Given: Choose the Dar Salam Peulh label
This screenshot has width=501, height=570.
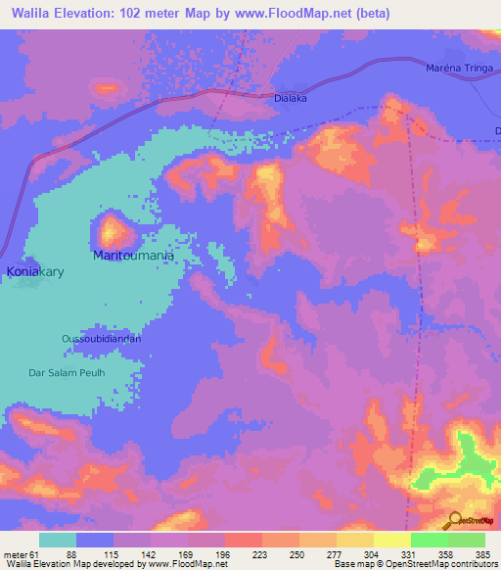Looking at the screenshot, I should click(x=65, y=372).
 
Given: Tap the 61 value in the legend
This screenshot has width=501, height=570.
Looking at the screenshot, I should click(x=37, y=553).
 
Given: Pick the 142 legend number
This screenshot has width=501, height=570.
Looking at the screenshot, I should click(x=150, y=553).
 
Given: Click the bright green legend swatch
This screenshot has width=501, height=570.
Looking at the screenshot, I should click(x=430, y=540).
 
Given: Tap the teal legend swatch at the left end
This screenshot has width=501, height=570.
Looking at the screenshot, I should click(x=58, y=540).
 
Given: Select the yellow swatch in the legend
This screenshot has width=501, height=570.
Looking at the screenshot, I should click(x=392, y=540).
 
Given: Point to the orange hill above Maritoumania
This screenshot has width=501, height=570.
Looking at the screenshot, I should click(x=114, y=231).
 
